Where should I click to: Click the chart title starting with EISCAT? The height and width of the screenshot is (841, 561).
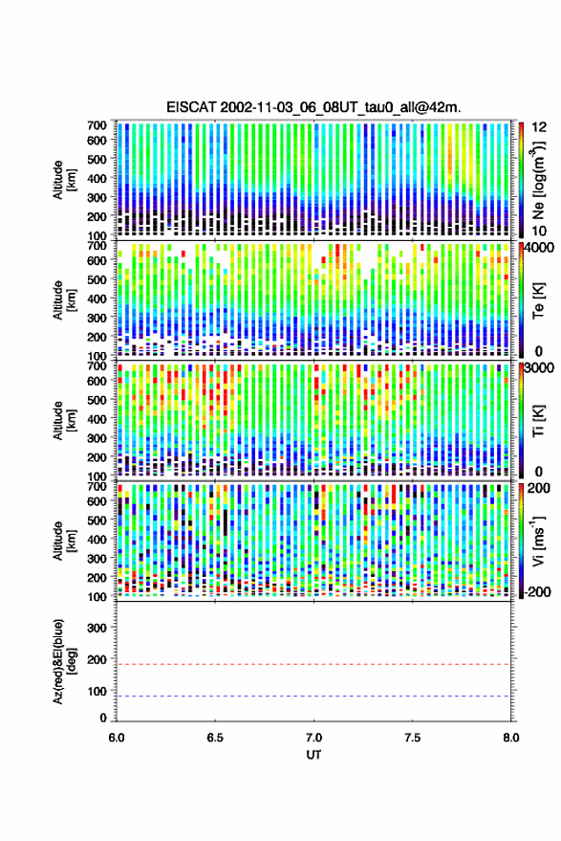coord(313,107)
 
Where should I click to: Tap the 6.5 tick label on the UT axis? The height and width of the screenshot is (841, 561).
coord(215,738)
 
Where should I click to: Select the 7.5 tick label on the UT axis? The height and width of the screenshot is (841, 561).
coord(412,738)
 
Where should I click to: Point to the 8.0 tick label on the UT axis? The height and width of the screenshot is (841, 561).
coord(510,738)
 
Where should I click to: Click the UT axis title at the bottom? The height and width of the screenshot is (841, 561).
coord(313,755)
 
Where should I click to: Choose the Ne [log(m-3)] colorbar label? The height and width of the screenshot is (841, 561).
coord(538,180)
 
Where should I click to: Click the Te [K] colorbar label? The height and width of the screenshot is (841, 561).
coord(538,300)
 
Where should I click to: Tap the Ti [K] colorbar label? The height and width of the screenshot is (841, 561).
coord(538,421)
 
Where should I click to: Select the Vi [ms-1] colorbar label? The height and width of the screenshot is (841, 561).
coord(538,541)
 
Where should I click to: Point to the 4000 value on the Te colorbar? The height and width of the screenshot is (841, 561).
coord(540,247)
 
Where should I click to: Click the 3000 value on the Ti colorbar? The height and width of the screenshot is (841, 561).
coord(540,367)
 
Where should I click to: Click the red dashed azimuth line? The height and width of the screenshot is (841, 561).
coord(313,665)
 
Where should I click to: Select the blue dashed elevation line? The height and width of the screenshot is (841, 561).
coord(313,697)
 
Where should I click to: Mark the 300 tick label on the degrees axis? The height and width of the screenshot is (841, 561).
coord(97,628)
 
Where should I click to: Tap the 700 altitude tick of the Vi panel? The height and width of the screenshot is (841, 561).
coord(97,486)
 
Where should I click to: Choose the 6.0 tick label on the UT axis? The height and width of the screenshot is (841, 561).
coord(117,738)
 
